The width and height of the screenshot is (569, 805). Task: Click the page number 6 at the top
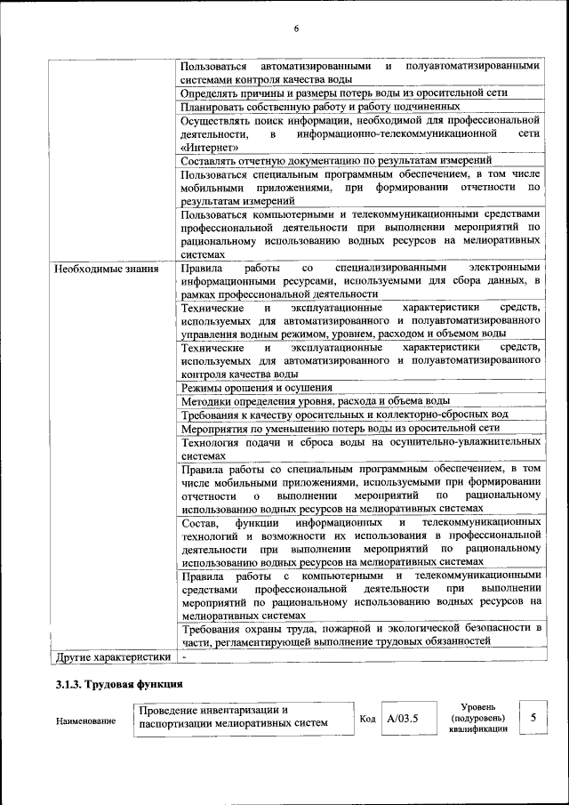296,29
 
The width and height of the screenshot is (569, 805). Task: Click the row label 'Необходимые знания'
107,268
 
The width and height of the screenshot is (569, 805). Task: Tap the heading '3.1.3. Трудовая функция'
118,684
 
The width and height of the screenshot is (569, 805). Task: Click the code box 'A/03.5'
402,717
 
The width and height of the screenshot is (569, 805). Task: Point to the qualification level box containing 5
532,717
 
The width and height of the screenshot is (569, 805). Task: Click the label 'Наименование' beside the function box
85,720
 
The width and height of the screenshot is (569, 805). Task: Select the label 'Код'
367,718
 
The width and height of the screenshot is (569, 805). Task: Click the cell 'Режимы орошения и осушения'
256,388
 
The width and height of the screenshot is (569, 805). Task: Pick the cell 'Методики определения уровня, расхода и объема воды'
315,401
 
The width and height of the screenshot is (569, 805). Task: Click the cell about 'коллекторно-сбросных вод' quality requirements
344,415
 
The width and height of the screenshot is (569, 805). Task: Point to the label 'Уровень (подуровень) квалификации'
478,717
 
